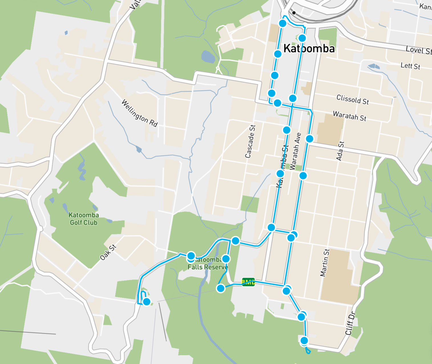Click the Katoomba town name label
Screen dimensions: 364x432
click(x=309, y=48)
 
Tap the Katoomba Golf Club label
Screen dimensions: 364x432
click(x=84, y=219)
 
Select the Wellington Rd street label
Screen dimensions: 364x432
click(x=140, y=113)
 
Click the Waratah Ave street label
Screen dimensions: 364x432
click(x=295, y=151)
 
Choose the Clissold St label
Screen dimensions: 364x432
click(x=353, y=100)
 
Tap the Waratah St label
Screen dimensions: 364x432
click(x=350, y=116)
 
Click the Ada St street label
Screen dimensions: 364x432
click(x=340, y=151)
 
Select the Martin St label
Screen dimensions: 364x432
click(x=325, y=263)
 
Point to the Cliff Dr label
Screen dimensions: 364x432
click(x=350, y=323)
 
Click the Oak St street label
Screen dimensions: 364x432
click(x=108, y=252)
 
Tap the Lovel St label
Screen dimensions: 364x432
click(x=418, y=50)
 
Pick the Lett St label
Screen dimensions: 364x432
click(x=410, y=66)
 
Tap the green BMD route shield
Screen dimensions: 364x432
click(x=248, y=282)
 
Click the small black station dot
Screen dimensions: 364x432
click(x=294, y=13)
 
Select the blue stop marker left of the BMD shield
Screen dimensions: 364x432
click(x=221, y=288)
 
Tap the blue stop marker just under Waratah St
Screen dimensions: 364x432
click(x=310, y=139)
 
